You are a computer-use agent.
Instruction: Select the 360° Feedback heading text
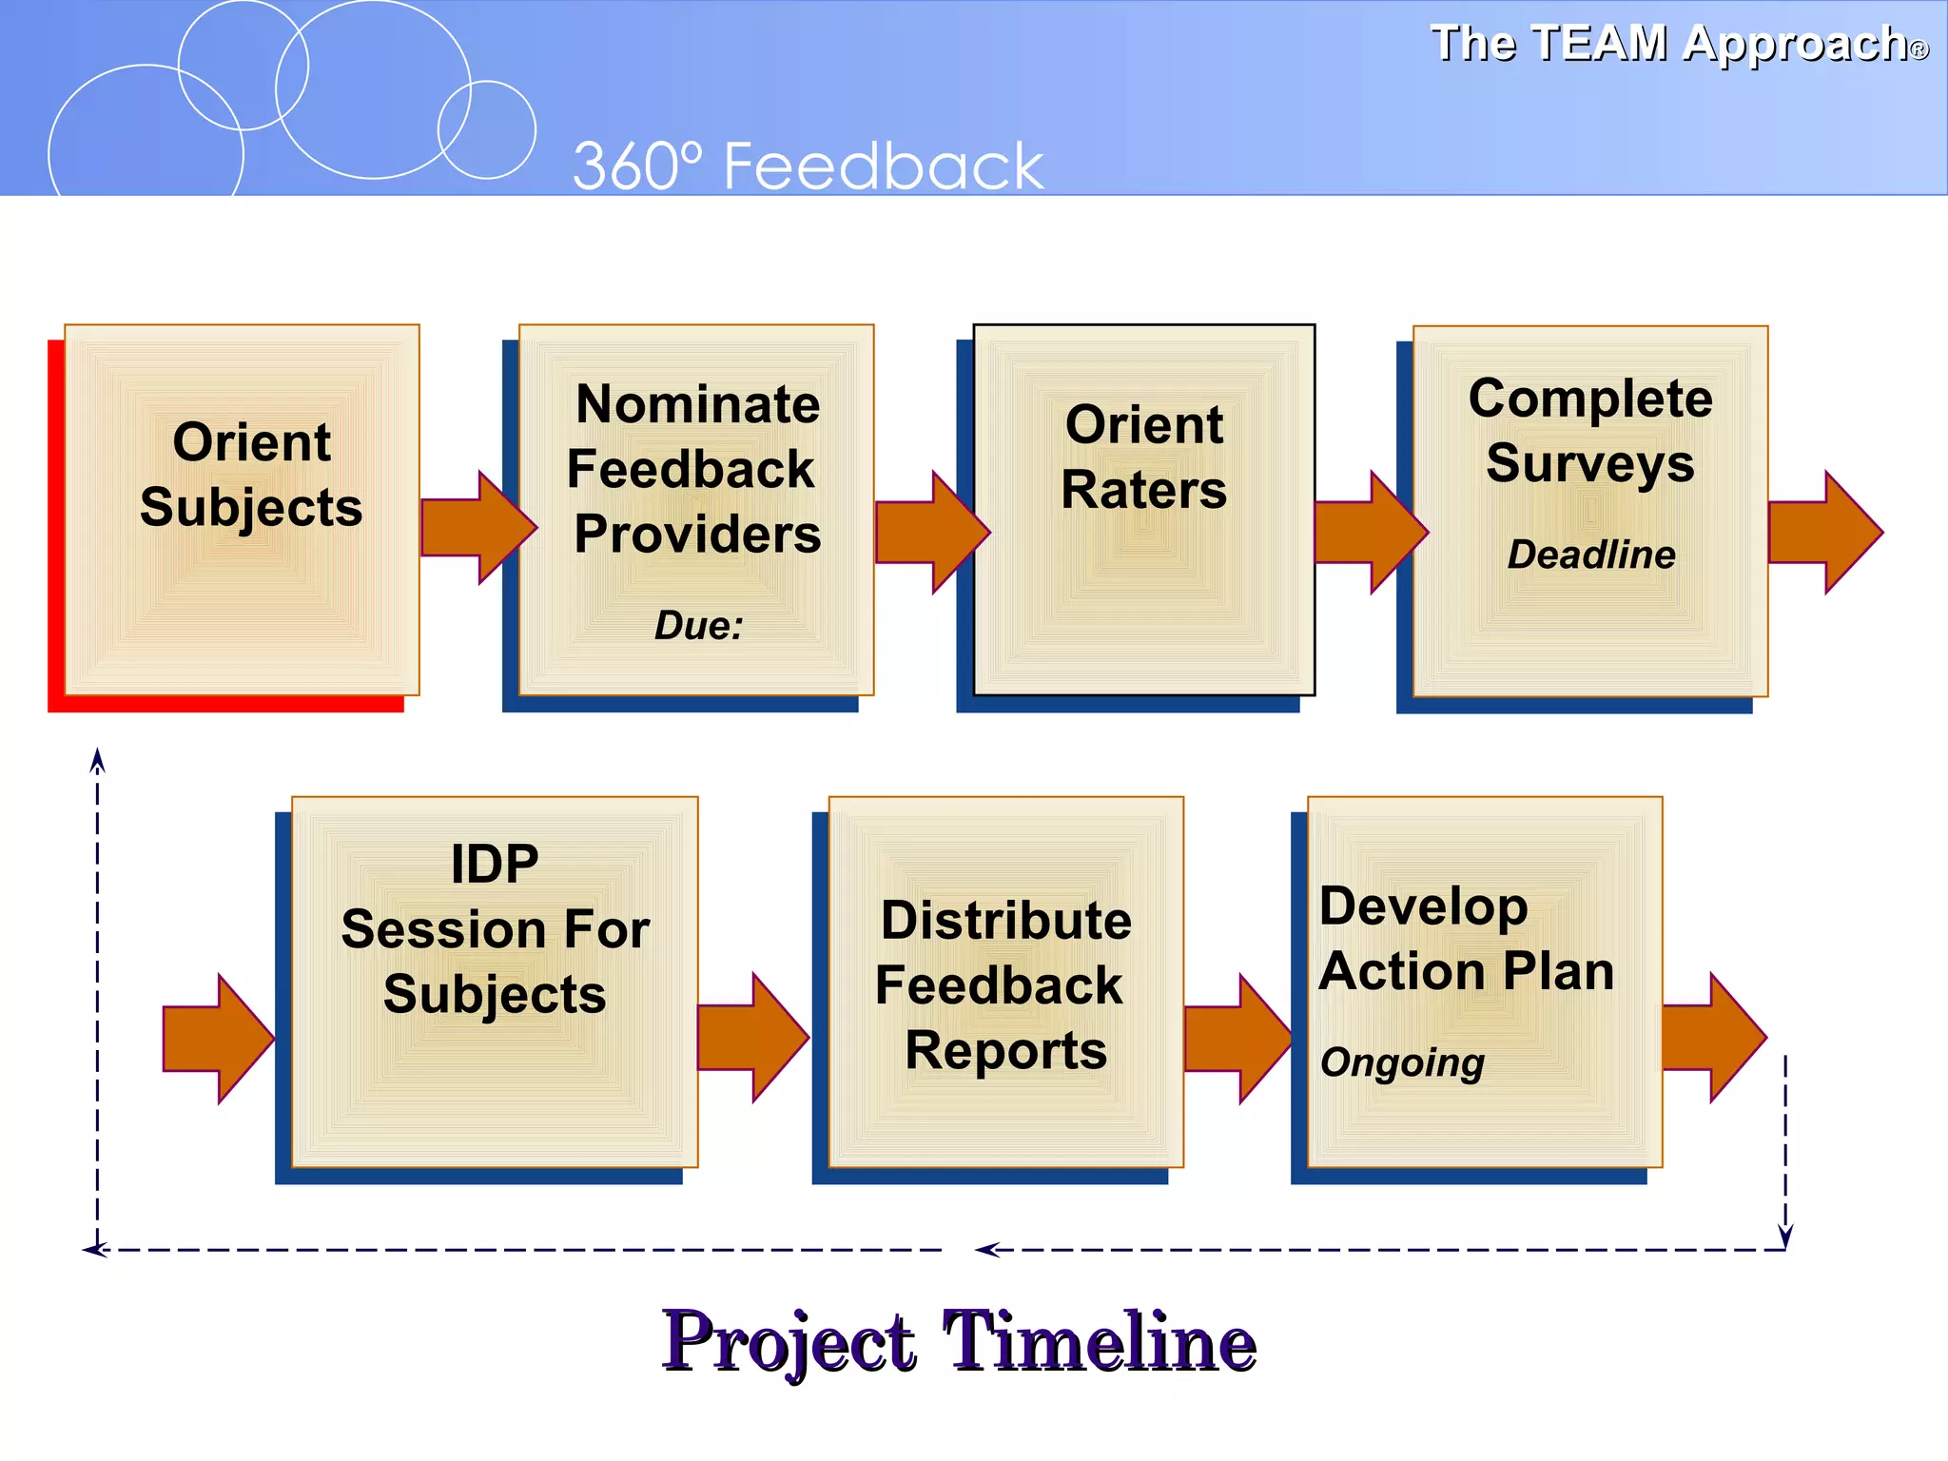808,166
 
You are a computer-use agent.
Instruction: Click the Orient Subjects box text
251,475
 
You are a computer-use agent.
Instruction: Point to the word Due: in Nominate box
698,626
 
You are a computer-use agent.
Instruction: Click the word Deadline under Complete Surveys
1591,555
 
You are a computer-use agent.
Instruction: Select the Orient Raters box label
1144,457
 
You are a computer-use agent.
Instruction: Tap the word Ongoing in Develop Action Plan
1402,1062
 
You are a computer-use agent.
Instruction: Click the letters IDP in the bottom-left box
495,864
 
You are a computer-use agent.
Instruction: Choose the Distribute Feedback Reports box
1004,984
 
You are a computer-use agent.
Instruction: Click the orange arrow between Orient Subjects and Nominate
476,528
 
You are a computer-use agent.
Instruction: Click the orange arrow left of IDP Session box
217,1039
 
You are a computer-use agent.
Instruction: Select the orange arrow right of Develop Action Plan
1712,1037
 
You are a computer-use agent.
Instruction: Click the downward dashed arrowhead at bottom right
1785,1236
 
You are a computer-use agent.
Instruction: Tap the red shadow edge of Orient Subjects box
55,533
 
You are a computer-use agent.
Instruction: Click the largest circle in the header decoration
374,89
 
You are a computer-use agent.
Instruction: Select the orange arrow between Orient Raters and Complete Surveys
1370,532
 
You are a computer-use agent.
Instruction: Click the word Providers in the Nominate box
697,535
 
